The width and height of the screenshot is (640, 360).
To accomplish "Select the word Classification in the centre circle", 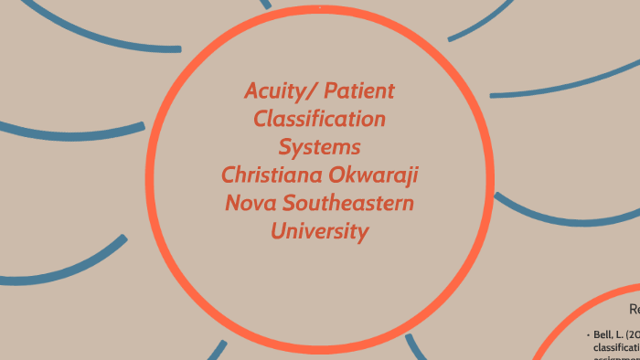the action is click(319, 119).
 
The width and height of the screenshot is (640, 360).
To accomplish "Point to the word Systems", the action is click(319, 147).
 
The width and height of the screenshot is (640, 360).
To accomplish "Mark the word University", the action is click(319, 231).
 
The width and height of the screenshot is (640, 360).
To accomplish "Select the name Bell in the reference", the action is click(602, 335).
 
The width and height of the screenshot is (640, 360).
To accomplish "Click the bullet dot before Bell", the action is click(588, 335).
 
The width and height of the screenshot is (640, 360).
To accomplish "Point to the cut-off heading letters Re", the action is click(634, 310).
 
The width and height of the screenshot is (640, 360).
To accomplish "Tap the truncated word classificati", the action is click(616, 348).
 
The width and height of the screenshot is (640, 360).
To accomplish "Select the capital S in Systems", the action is click(284, 147).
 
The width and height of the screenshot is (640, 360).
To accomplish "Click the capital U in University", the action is click(278, 231).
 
